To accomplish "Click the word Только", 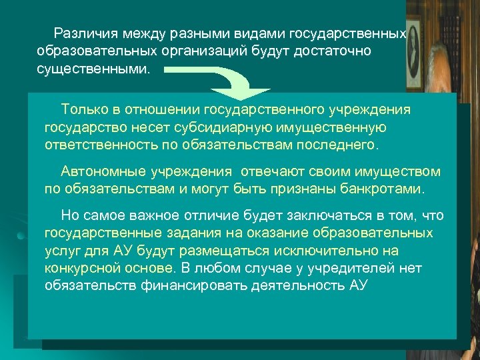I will click(83, 109).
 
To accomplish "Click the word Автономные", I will click(97, 171).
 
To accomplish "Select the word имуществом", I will click(397, 171).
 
